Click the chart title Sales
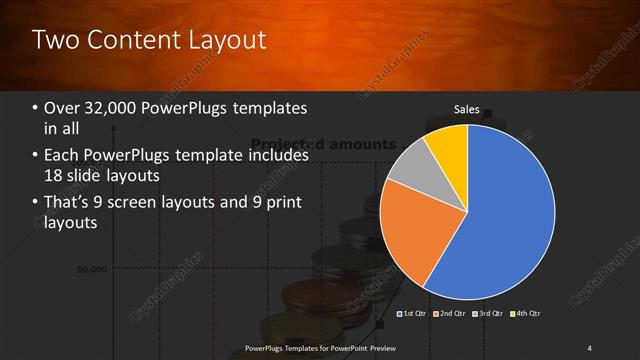pos(467,109)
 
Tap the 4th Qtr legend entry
pos(527,314)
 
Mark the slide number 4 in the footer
pos(590,348)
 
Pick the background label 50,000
pos(93,269)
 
